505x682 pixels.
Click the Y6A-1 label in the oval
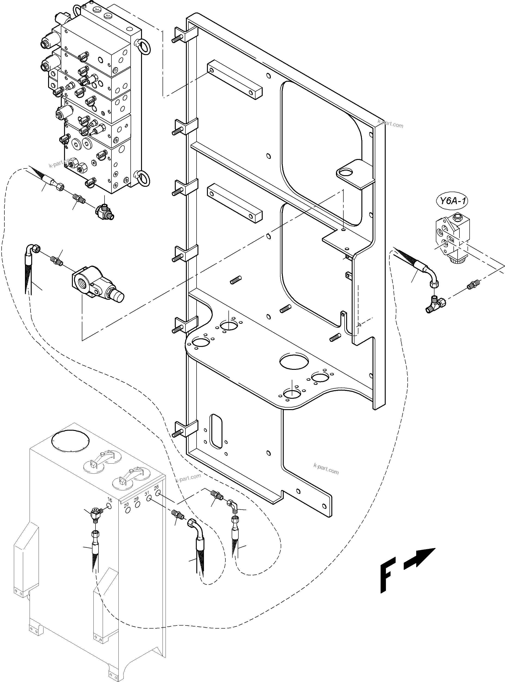[452, 201]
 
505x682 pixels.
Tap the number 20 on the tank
[126, 505]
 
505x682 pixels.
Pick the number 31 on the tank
[147, 494]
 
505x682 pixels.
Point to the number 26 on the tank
[157, 488]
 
